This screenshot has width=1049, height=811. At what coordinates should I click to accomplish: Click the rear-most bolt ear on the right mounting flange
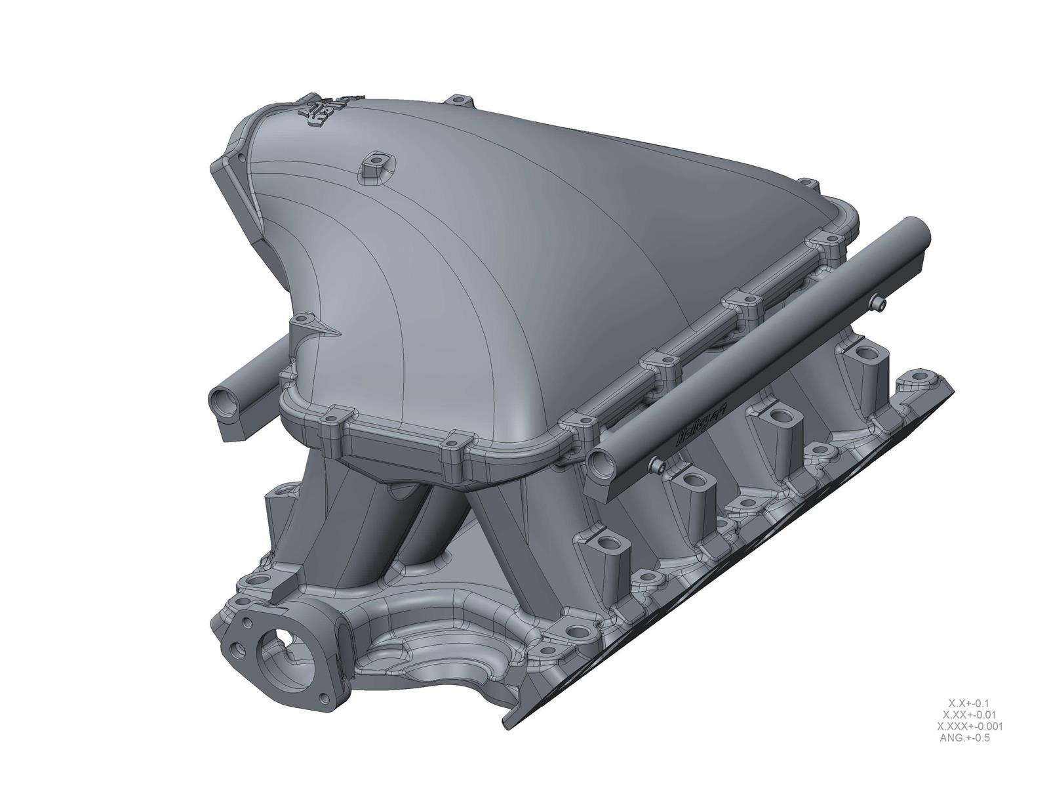[x=925, y=379]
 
